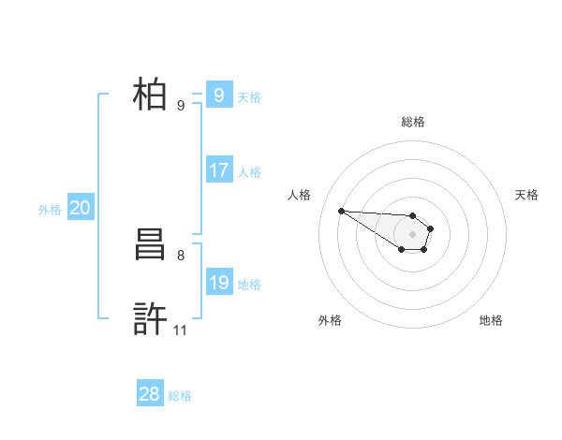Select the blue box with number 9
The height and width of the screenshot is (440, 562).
point(218,95)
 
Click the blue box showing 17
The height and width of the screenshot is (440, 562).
point(218,170)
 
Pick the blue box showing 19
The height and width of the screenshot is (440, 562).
point(218,283)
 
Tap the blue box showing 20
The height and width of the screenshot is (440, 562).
point(80,208)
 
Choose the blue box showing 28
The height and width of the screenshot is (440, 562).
point(149,394)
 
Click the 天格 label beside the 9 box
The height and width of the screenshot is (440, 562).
point(249,96)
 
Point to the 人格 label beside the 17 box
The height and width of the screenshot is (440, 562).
point(249,172)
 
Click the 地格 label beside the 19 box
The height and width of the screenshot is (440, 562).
point(249,285)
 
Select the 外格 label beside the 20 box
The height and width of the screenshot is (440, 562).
point(50,210)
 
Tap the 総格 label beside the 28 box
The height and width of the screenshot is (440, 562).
point(180,396)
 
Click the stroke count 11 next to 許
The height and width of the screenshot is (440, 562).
point(181,330)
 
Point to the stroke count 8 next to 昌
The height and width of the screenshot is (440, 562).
point(181,255)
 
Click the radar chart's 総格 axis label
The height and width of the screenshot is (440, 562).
point(413,122)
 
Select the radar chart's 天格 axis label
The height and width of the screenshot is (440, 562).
point(527,195)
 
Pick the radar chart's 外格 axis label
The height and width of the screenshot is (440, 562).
point(330,320)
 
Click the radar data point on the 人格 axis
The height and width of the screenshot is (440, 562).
point(341,211)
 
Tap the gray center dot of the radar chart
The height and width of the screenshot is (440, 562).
point(413,234)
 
